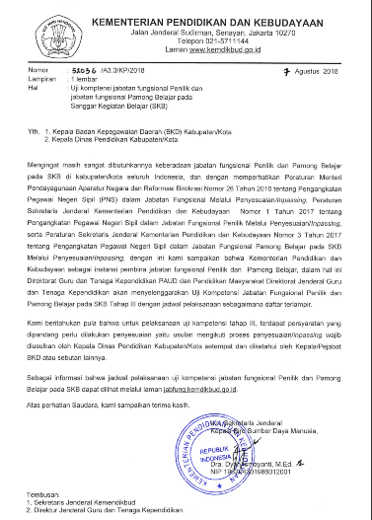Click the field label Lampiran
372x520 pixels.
pos(42,79)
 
